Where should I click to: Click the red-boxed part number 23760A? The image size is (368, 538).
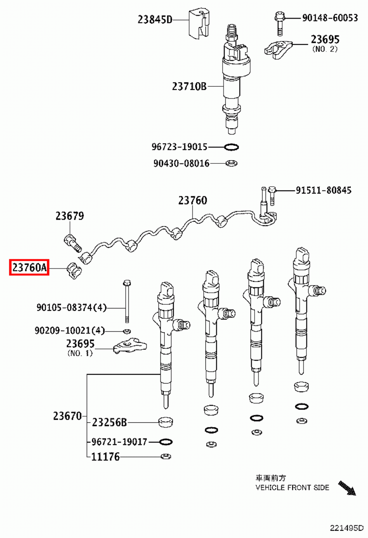[29, 268]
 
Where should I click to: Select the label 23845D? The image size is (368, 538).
[155, 20]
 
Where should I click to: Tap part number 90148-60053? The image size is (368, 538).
[330, 18]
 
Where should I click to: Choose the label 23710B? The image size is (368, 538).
[189, 86]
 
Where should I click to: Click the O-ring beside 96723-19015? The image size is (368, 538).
[231, 147]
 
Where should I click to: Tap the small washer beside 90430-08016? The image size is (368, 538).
[231, 163]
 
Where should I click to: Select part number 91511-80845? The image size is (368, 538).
[323, 190]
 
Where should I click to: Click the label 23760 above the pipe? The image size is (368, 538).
[192, 200]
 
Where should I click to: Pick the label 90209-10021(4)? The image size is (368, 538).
[70, 331]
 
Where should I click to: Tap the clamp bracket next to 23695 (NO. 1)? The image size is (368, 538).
[130, 346]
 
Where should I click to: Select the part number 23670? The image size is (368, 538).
[67, 416]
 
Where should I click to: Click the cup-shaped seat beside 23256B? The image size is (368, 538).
[165, 422]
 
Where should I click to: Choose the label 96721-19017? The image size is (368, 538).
[119, 442]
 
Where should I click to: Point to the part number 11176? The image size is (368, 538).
[105, 457]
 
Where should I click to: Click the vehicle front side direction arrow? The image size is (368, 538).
[347, 488]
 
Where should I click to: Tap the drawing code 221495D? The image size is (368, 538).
[346, 528]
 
